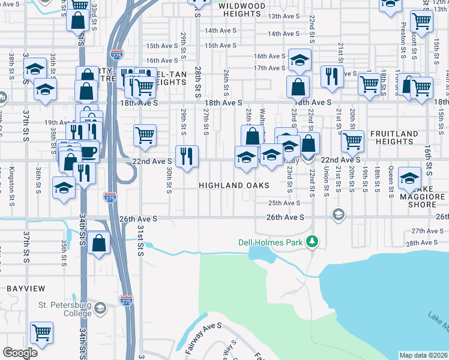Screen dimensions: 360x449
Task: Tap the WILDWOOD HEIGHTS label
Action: pyautogui.click(x=241, y=5)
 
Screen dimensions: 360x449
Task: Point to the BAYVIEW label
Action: pyautogui.click(x=23, y=289)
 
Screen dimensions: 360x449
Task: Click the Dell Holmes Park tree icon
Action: pyautogui.click(x=312, y=242)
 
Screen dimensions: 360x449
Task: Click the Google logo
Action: pyautogui.click(x=20, y=353)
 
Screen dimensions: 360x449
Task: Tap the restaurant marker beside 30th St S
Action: pyautogui.click(x=187, y=156)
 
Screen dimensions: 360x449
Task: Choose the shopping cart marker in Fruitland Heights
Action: pyautogui.click(x=353, y=142)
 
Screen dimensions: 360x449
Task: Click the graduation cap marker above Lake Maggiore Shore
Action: pyautogui.click(x=409, y=178)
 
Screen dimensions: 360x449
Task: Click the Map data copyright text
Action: pyautogui.click(x=423, y=355)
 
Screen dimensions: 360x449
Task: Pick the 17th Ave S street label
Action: pyautogui.click(x=268, y=68)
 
